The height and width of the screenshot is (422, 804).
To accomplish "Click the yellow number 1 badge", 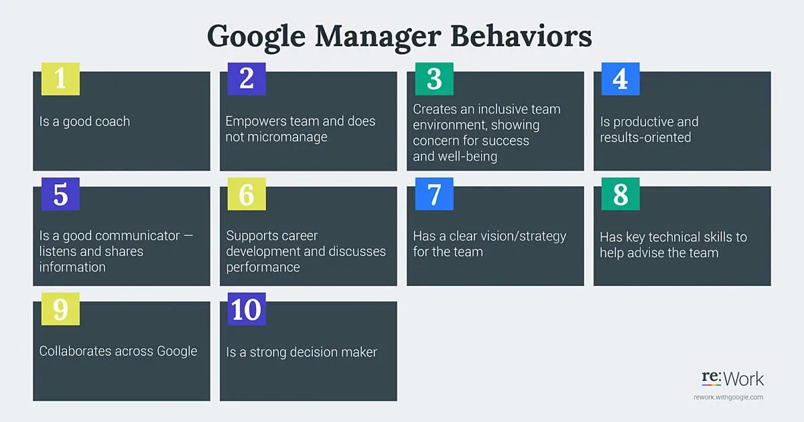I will (x=60, y=78).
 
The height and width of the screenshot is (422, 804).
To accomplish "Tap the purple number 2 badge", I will (x=247, y=78).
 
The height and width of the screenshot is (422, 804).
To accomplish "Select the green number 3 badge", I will (x=434, y=78).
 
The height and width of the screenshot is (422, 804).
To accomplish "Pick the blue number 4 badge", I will (x=620, y=78).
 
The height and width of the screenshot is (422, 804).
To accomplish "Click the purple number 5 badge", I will (x=60, y=194).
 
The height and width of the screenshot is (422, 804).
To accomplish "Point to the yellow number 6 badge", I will (x=247, y=194).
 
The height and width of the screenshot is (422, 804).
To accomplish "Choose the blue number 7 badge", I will (x=434, y=194).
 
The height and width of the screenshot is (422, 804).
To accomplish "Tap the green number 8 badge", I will (x=620, y=194).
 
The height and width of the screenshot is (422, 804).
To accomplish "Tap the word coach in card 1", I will (x=113, y=122).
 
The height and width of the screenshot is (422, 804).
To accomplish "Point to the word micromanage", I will (x=276, y=137).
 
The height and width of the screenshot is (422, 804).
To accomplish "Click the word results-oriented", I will (x=645, y=137).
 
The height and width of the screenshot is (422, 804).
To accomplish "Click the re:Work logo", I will (x=732, y=379).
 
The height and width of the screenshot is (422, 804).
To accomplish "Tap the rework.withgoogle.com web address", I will (x=728, y=397).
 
